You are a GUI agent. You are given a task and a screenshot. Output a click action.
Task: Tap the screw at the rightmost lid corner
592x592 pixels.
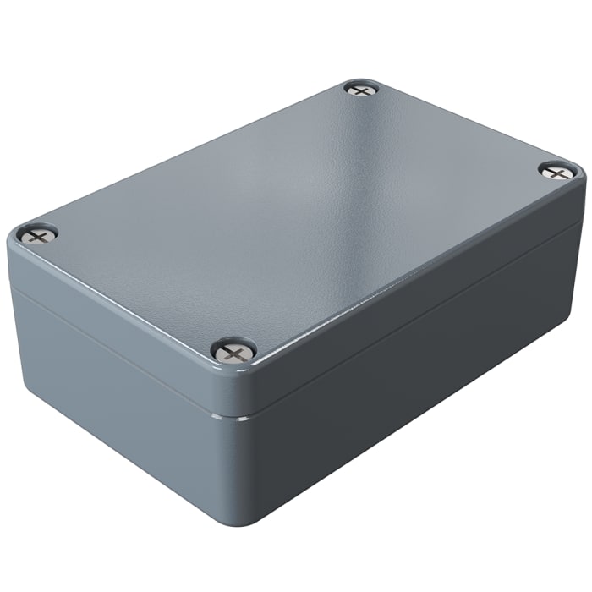point(556,172)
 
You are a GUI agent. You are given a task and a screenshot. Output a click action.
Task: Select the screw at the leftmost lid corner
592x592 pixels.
point(38,234)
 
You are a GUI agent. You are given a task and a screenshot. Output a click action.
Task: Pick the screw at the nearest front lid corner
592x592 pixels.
point(233,348)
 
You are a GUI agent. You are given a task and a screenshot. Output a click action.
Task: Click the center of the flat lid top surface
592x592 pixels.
point(296,211)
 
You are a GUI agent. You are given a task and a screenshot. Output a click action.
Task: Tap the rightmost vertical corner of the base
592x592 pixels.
point(579,279)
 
